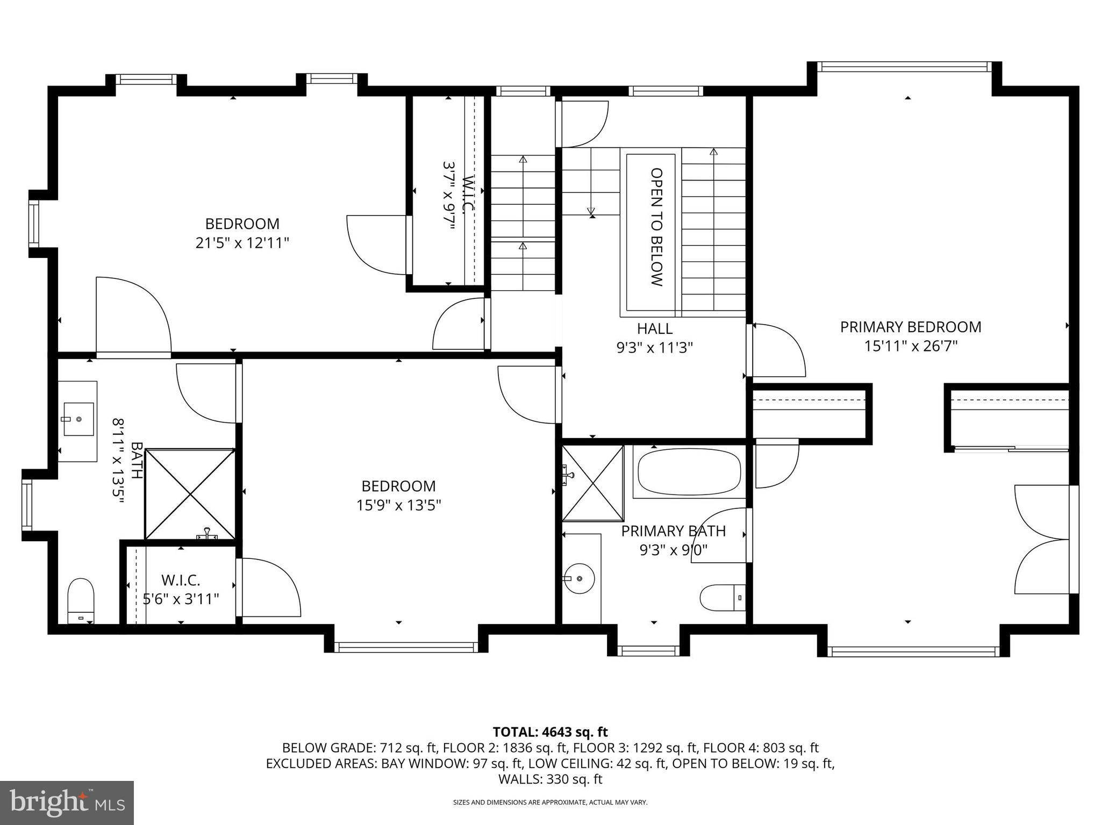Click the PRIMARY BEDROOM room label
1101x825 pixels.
pos(910,327)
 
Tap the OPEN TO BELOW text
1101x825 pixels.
pos(656,227)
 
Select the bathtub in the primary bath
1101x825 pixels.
pos(689,472)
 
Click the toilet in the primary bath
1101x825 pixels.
pos(722,597)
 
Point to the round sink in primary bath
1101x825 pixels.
pos(579,578)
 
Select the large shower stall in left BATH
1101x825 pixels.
pos(190,494)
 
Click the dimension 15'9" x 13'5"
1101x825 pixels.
pos(398,505)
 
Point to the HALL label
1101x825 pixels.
pos(654,328)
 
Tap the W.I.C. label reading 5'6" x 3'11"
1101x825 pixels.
pos(181,590)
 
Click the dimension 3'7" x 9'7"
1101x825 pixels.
pos(449,196)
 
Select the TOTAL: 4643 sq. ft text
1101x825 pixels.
pos(550,732)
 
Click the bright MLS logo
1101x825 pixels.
pos(67,803)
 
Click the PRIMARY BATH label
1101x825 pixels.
pos(673,531)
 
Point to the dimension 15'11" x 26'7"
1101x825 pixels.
pos(910,346)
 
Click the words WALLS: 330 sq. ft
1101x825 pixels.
pos(550,779)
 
